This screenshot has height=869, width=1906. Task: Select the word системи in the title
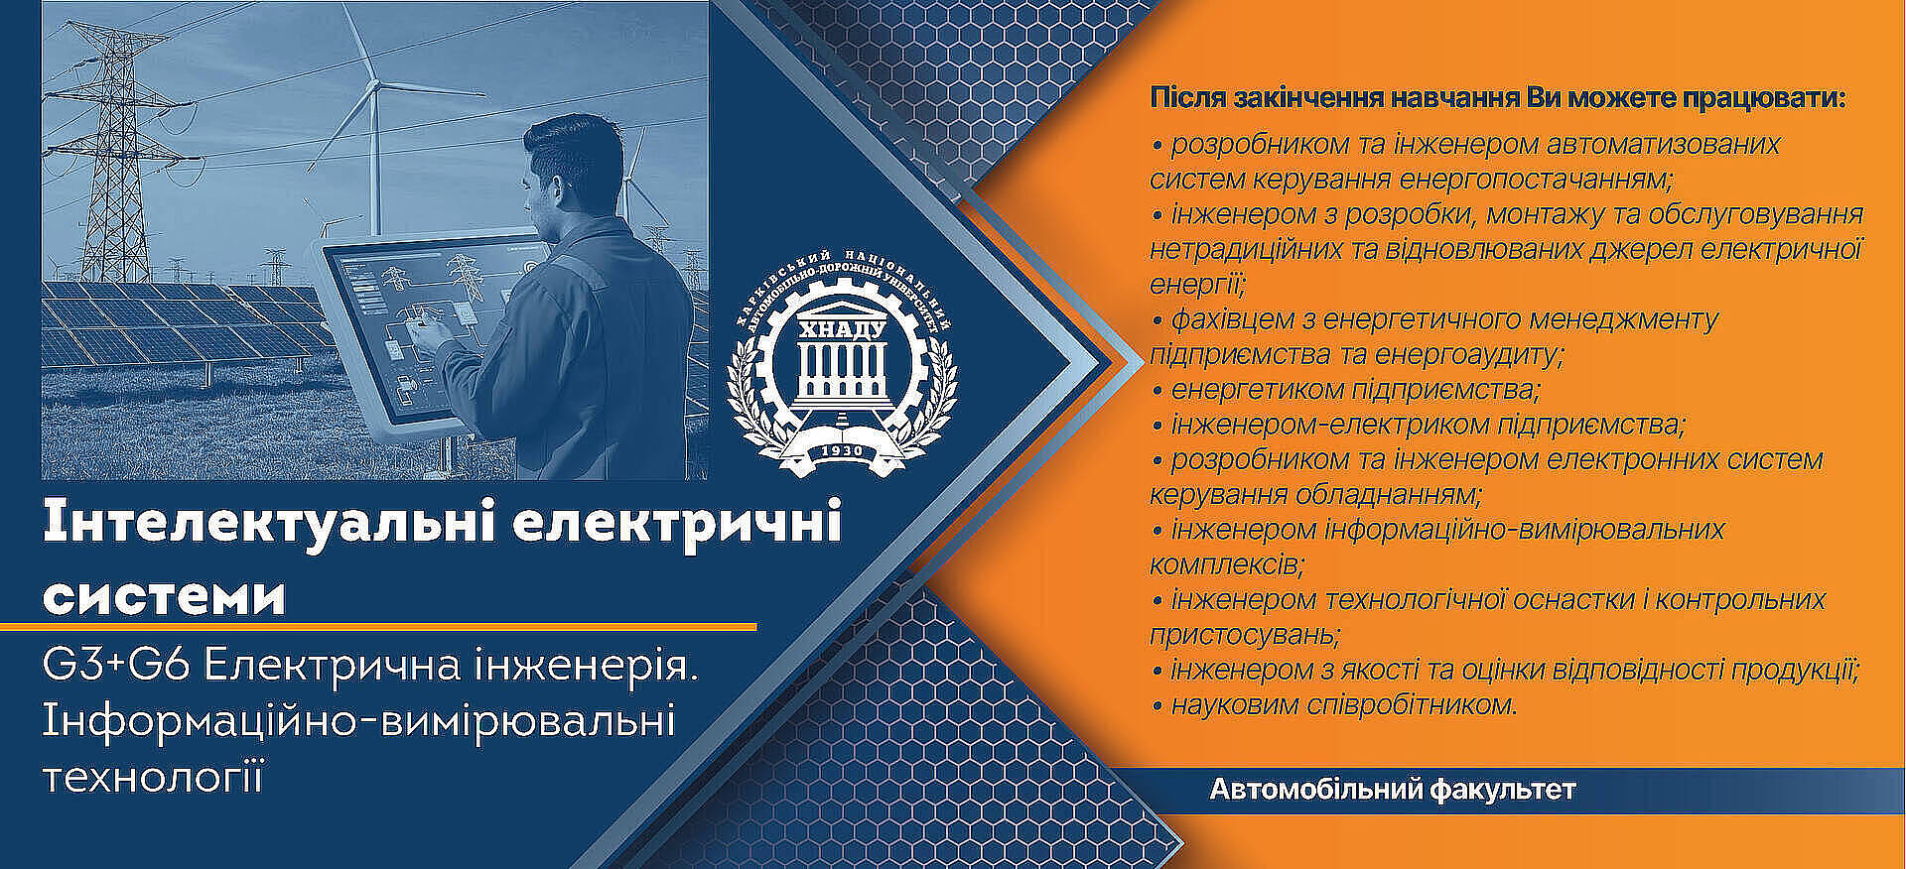(165, 596)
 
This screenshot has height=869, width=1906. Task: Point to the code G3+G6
(116, 667)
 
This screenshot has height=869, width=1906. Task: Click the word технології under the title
(154, 777)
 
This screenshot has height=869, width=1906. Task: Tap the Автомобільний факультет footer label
(1393, 791)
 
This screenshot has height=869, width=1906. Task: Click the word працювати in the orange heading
(1761, 99)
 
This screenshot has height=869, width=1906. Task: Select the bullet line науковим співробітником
(1335, 705)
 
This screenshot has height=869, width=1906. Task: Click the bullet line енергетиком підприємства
(1346, 390)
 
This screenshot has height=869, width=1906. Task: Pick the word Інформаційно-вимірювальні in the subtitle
(358, 721)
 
